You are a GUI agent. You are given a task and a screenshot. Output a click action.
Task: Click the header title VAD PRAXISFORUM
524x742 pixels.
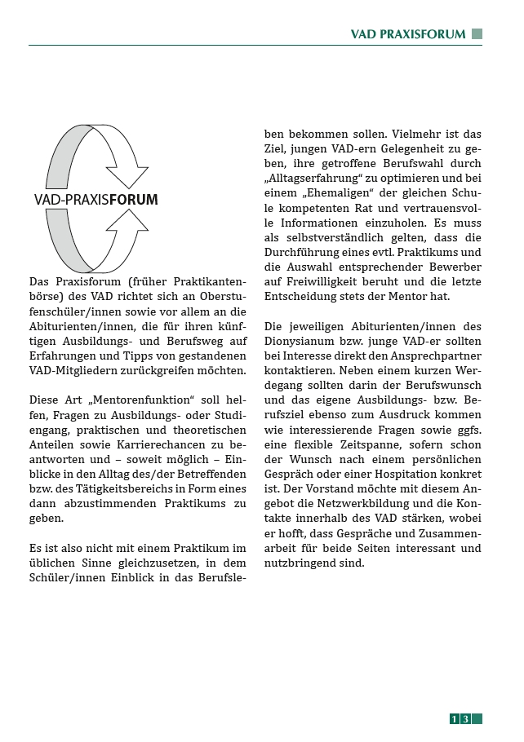coord(407,34)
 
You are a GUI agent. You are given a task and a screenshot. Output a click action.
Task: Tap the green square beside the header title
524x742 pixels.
coord(477,34)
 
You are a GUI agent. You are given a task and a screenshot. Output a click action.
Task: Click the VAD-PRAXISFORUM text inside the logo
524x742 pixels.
coord(96,200)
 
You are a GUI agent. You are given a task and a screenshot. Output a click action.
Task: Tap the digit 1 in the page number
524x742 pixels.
coord(455,719)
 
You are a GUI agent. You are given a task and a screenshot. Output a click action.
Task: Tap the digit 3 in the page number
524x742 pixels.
coord(465,719)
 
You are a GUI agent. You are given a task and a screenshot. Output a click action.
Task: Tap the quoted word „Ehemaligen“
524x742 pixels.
coord(328,193)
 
